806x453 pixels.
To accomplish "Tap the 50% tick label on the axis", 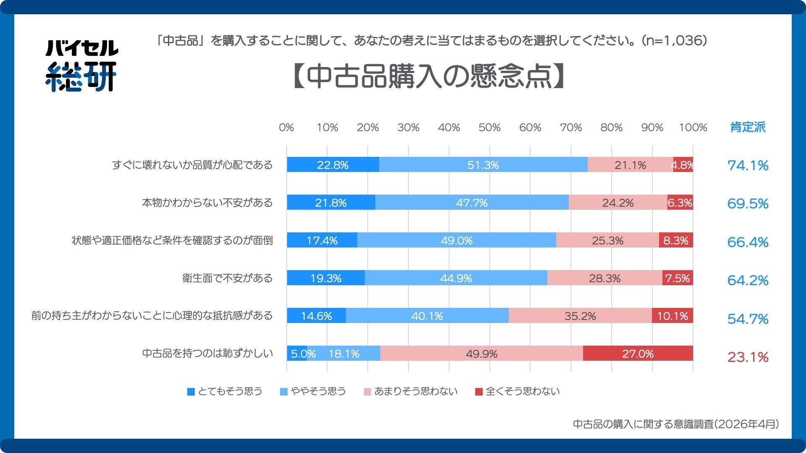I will coord(489,128).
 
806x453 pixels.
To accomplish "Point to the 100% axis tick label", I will coord(693,128).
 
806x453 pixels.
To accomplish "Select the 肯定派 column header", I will coord(748,127).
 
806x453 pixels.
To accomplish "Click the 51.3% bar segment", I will coord(483,165).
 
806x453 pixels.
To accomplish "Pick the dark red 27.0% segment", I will coord(638,354).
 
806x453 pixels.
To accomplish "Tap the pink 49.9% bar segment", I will coord(482,354).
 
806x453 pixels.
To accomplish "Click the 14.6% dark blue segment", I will coord(316,316).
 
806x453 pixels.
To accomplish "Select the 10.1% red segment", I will coord(672,316).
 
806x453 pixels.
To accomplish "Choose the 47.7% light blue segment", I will coord(472,203).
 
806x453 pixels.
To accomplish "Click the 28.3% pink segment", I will coord(604,278).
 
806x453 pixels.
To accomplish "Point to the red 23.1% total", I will coord(748,357).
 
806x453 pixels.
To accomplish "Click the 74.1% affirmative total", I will coord(748,166).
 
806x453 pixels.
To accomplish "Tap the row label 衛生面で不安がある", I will coord(227,278).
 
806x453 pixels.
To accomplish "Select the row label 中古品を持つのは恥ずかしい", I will coord(207,353).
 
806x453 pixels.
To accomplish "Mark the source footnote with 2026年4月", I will coord(675,424).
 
